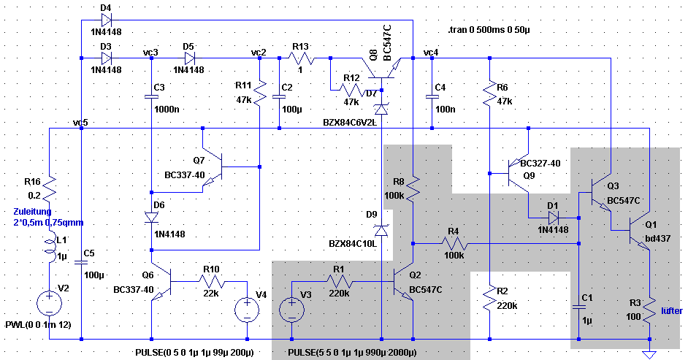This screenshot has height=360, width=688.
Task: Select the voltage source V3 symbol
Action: (291, 310)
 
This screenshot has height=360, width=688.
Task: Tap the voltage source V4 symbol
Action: (248, 310)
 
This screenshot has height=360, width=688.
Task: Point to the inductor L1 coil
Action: (49, 249)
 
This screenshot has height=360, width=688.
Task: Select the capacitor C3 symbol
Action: (150, 95)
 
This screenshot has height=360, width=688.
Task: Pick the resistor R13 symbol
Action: (302, 58)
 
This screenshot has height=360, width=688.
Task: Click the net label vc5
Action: (80, 121)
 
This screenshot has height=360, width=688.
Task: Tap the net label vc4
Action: (431, 53)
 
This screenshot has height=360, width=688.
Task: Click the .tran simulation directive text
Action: (496, 30)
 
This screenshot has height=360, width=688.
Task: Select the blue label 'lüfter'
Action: (671, 311)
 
